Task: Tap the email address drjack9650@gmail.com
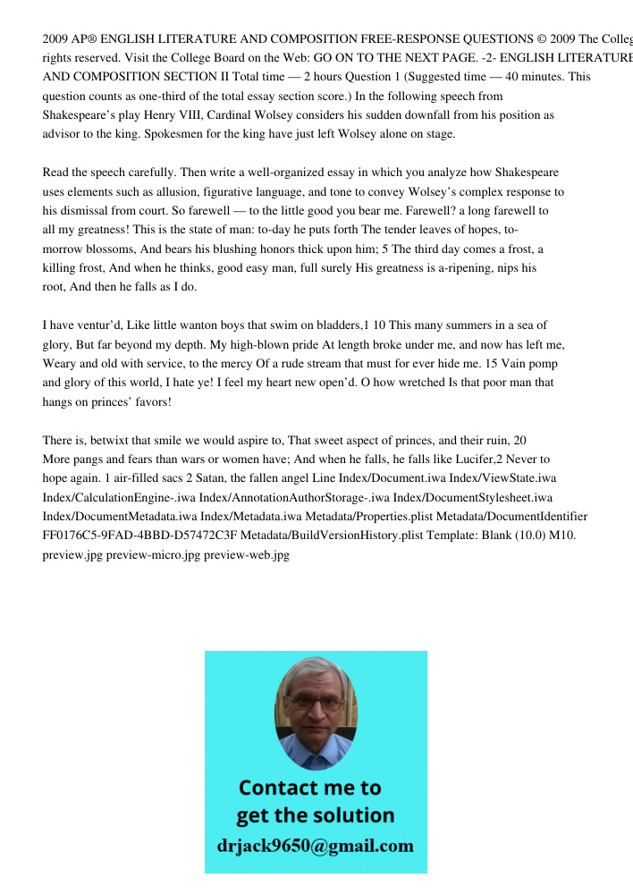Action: (315, 846)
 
